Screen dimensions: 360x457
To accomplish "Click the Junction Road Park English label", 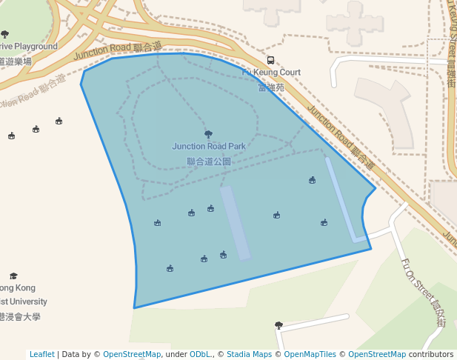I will click(x=209, y=147).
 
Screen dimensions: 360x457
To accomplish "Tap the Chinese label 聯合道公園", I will click(x=209, y=161).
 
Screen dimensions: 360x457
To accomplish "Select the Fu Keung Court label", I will click(x=271, y=73).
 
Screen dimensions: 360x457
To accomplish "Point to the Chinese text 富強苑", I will click(x=270, y=87).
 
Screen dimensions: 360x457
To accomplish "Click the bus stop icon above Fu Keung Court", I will click(x=270, y=60).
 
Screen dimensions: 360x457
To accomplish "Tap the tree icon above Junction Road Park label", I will click(x=208, y=134).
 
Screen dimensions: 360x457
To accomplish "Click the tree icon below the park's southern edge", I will click(x=278, y=325).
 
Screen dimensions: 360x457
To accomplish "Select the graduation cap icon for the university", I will click(x=13, y=276).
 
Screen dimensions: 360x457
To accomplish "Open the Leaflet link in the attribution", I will click(x=41, y=355).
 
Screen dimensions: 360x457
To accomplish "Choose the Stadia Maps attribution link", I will click(x=249, y=355).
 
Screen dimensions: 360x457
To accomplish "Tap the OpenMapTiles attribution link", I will click(x=310, y=355).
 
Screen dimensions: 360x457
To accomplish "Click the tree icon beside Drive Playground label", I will click(x=5, y=34).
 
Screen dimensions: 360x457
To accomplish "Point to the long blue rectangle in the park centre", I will click(x=236, y=222).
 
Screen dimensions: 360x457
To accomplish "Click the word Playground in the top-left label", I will click(x=34, y=47).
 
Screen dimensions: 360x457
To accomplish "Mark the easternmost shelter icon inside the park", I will click(x=324, y=222).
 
